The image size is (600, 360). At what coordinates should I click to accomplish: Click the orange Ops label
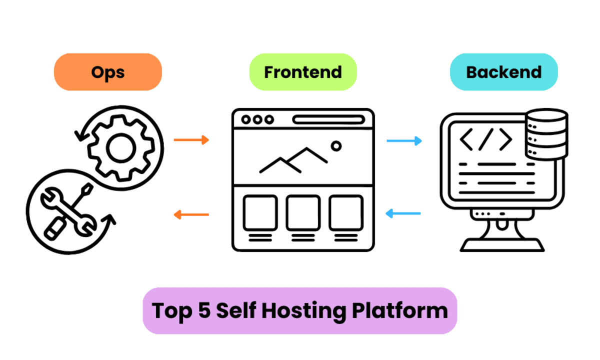tap(107, 72)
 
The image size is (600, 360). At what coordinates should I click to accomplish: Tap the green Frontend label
tap(302, 72)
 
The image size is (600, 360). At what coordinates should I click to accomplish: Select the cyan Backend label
tap(503, 72)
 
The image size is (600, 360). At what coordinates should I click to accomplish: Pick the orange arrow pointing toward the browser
tap(191, 140)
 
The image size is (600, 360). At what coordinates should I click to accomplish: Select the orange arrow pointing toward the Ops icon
tap(191, 214)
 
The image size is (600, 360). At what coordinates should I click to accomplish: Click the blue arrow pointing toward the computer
tap(404, 141)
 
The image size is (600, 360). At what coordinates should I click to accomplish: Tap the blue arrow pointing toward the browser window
tap(404, 214)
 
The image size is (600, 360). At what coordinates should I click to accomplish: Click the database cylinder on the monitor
tap(546, 133)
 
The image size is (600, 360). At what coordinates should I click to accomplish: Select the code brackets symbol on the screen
tap(485, 139)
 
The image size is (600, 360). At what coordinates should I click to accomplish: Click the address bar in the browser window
tap(328, 119)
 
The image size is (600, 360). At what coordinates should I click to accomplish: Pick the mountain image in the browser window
tap(293, 160)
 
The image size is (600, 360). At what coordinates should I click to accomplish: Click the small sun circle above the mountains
tap(336, 146)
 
